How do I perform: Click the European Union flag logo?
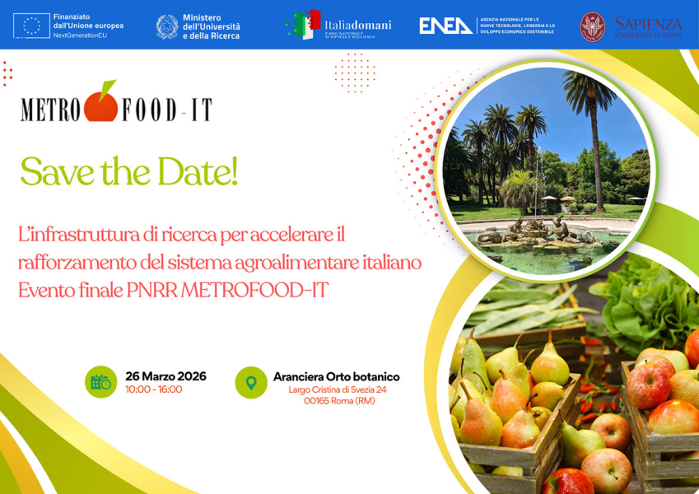(31, 26)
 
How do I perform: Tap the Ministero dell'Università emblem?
(167, 26)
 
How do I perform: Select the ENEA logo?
(446, 26)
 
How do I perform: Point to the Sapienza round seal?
(592, 26)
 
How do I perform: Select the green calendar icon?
(100, 382)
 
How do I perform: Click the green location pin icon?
(251, 382)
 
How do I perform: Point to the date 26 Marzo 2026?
(165, 376)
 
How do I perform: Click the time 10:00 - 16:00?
(154, 389)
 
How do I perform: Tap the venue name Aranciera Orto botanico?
(336, 376)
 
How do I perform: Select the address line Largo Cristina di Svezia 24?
(338, 389)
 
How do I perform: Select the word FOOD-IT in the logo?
(167, 110)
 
